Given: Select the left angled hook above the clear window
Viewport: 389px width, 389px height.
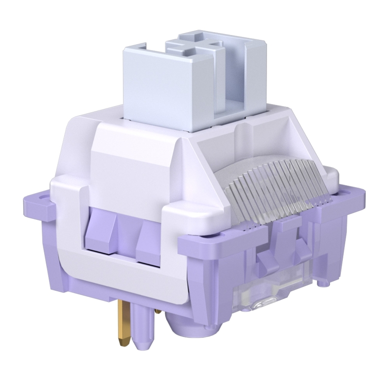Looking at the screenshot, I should (x=266, y=260).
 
